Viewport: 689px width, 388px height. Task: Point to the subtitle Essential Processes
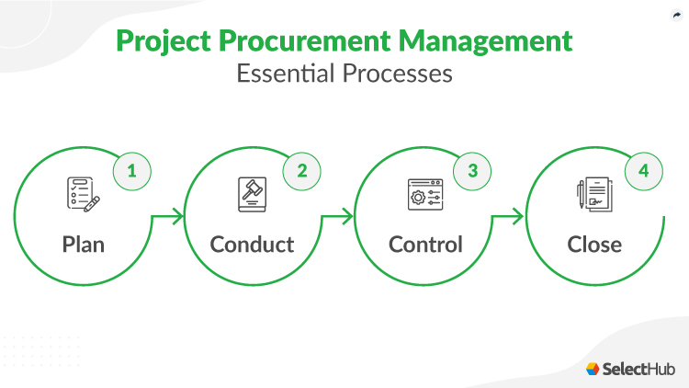[344, 74]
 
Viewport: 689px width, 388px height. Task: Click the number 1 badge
[131, 171]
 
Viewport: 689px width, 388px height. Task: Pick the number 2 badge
[301, 171]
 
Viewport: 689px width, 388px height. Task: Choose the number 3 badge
[472, 171]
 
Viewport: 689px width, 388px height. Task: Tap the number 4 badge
[642, 171]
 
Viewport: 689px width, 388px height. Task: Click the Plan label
[84, 245]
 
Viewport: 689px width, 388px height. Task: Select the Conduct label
[252, 245]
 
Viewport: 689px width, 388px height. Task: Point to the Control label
[425, 245]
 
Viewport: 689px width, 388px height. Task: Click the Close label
[594, 245]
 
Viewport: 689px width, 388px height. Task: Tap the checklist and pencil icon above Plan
[83, 195]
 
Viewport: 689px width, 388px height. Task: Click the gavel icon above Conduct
[252, 195]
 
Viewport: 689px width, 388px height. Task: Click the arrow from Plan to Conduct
[169, 218]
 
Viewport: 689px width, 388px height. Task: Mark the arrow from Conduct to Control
[339, 218]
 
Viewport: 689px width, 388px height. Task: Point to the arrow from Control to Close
[509, 218]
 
